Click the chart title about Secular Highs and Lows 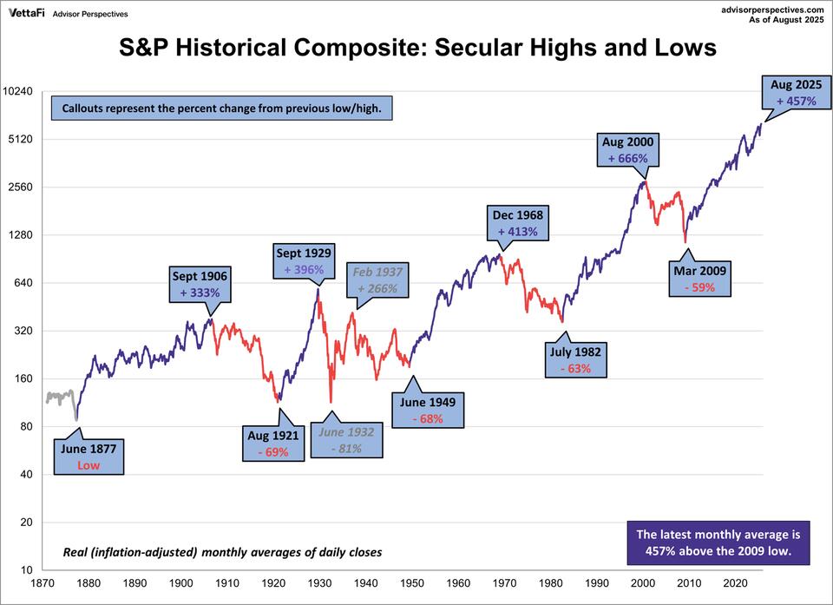[x=416, y=48]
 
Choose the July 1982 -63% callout [x=574, y=360]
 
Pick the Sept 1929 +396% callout [x=304, y=261]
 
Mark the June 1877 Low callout [x=88, y=457]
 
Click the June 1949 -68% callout [x=427, y=411]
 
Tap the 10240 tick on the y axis [x=18, y=91]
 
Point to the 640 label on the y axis [x=23, y=283]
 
